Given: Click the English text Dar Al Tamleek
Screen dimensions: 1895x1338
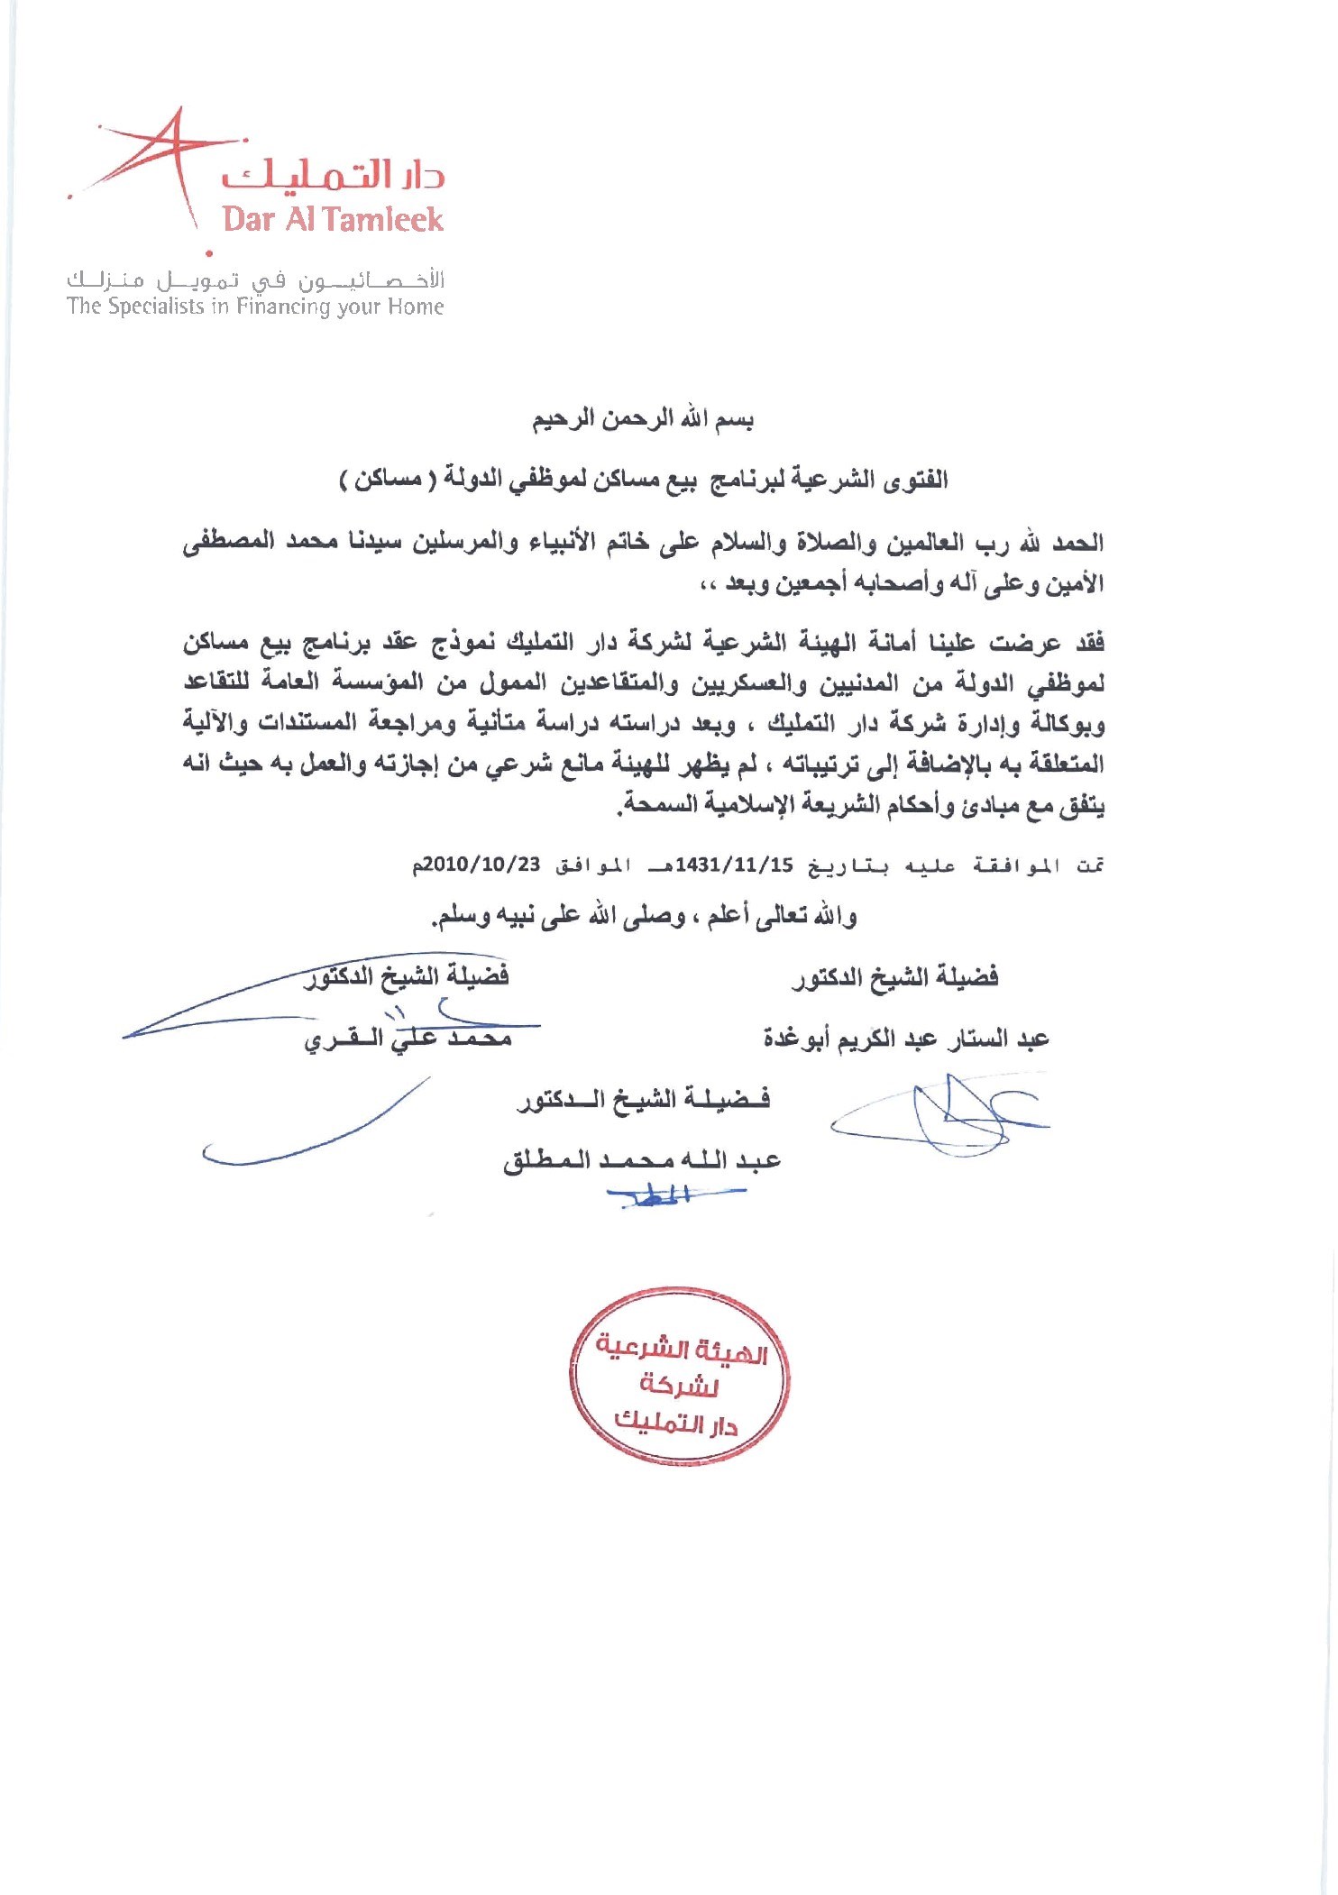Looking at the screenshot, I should point(333,219).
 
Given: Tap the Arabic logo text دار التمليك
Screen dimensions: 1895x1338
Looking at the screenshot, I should point(334,173).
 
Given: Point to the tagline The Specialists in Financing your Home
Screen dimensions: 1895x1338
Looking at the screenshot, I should point(255,307).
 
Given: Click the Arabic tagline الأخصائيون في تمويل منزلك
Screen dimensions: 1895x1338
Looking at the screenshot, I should point(255,280).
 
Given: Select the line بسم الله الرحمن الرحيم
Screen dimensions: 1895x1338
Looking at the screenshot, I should point(642,419).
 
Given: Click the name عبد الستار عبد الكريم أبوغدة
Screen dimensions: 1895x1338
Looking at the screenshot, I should point(905,1039).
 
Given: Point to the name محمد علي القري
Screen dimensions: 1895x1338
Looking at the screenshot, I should point(408,1039).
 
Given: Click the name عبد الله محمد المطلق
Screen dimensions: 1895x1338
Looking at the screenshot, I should point(641,1159).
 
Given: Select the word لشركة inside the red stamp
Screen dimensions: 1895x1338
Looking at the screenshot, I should point(679,1385).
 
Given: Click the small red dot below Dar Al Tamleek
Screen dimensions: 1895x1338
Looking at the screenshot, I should point(209,253).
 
